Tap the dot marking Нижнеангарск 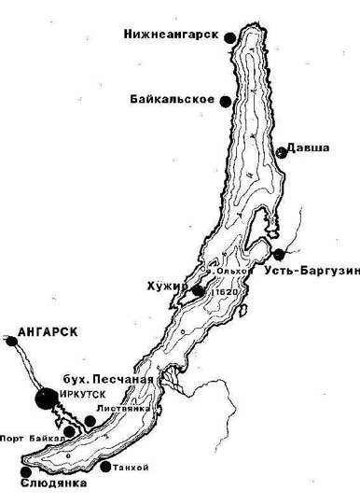(x=227, y=35)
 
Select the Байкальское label (x=176, y=99)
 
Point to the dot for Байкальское (x=225, y=103)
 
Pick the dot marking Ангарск (x=11, y=343)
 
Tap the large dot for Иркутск (x=43, y=399)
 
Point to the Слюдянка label (x=52, y=484)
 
